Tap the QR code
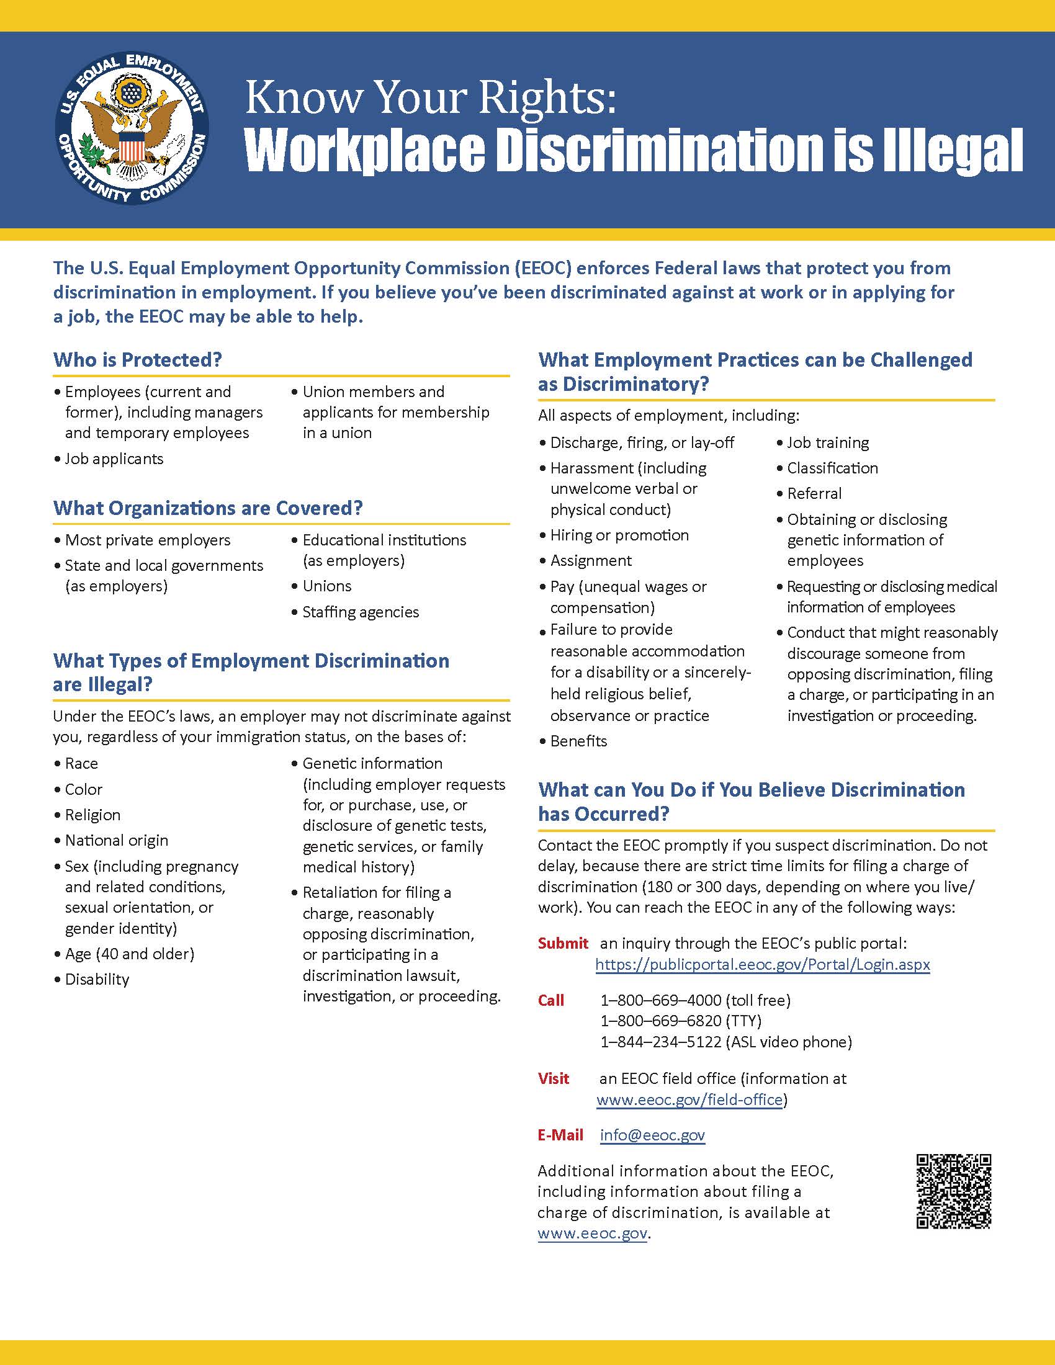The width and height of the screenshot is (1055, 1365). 954,1191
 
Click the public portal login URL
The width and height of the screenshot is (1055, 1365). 763,964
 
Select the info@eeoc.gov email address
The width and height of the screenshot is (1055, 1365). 652,1135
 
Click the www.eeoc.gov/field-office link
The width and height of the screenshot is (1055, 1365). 689,1099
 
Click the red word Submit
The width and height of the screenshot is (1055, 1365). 563,943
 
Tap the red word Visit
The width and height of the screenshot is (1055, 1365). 554,1078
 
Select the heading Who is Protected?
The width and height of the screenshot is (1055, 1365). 138,360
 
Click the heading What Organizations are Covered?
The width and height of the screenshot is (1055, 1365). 207,508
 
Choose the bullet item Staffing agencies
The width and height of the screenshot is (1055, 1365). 361,612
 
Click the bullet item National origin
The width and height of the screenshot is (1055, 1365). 116,840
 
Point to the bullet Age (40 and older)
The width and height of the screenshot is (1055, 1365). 129,954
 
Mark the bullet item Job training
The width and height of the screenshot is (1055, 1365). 827,442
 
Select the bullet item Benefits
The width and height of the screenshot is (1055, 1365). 578,741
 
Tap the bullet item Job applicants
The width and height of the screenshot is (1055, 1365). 114,459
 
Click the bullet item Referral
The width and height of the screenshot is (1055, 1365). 814,494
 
